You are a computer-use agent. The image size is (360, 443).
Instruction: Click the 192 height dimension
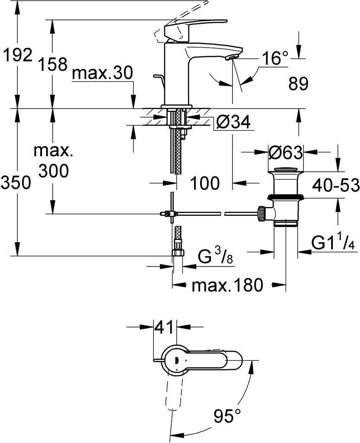[x=18, y=55]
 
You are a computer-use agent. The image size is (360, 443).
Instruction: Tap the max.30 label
[x=102, y=74]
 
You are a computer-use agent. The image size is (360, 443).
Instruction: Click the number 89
[x=298, y=84]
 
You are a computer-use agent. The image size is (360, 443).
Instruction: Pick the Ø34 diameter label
[x=233, y=123]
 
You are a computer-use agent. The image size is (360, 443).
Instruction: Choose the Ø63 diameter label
[x=285, y=152]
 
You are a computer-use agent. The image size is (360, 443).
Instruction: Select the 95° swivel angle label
[x=227, y=417]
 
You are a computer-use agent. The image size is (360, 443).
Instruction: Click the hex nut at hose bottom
[x=178, y=252]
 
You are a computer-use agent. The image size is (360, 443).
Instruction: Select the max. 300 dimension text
[x=53, y=161]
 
